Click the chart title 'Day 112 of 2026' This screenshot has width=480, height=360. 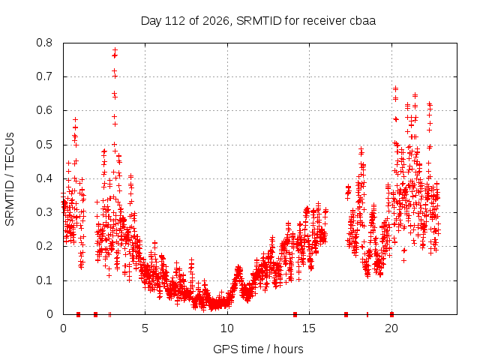point(185,21)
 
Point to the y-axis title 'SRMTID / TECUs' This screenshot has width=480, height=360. point(10,179)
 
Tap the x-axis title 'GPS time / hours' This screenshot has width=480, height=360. point(258,349)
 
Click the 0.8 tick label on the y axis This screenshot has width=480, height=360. point(44,43)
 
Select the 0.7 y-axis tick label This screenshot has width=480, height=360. point(44,76)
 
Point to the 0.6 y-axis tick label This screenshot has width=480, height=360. point(44,110)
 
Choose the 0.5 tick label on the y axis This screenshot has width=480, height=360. point(44,145)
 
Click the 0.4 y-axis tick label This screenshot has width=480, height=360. point(44,178)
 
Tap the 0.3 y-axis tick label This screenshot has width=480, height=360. point(44,212)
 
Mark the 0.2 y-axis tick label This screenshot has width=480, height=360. point(44,246)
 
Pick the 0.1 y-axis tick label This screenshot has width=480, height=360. point(44,280)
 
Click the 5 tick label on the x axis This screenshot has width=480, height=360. point(145,328)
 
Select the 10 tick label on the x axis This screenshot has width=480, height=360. point(227,328)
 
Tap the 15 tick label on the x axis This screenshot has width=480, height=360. point(309,328)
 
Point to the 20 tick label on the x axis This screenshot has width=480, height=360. point(391,328)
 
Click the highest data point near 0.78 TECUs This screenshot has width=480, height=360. point(115,50)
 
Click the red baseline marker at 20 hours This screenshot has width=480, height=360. point(391,314)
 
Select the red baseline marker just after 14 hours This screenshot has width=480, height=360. point(295,314)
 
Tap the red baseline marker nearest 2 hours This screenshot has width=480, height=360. point(95,314)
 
